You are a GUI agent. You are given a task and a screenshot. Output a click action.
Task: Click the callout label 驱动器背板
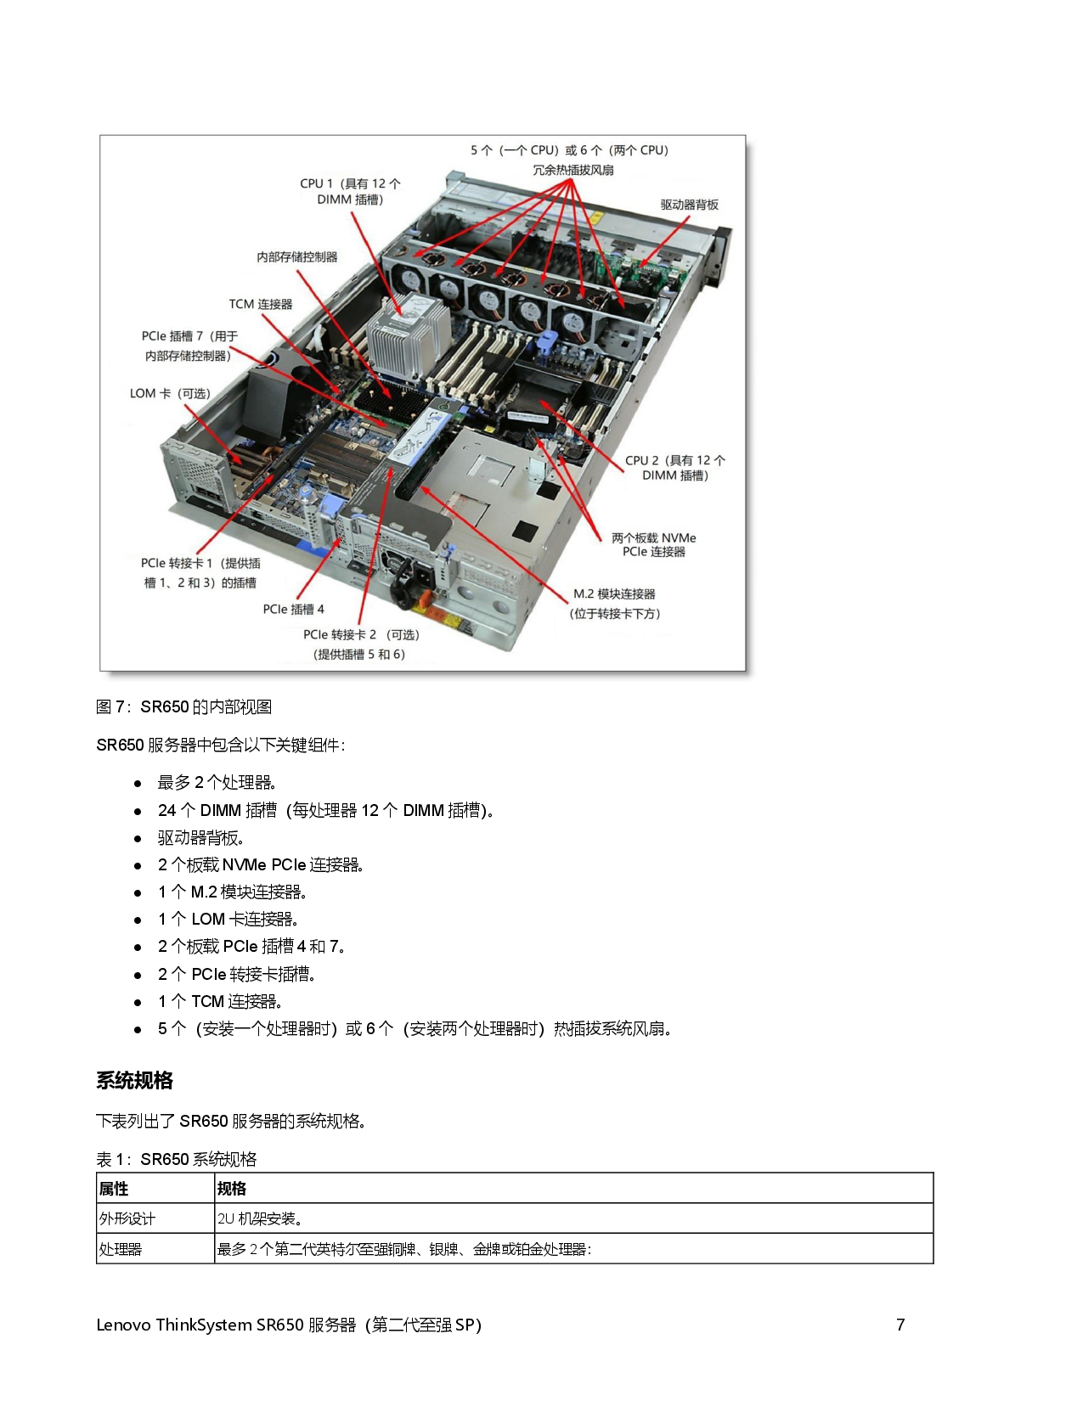[x=689, y=205]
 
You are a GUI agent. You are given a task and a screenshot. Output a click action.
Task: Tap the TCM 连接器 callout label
[x=261, y=304]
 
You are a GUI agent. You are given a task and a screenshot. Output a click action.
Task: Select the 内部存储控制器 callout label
[x=296, y=256]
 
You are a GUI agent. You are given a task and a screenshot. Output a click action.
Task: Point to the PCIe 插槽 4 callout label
[x=294, y=609]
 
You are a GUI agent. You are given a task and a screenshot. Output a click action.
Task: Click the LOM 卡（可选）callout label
[x=170, y=393]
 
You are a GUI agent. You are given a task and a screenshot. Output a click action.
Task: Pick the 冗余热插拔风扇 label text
[x=573, y=170]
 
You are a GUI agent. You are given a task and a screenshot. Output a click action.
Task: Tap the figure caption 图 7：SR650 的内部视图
[x=183, y=706]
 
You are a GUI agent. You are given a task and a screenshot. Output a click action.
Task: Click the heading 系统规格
[x=135, y=1081]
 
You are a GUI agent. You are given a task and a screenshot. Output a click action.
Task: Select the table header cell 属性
[x=114, y=1188]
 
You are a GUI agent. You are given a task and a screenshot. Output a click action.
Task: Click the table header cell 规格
[x=232, y=1188]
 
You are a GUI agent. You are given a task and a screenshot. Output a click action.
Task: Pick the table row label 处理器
[x=120, y=1249]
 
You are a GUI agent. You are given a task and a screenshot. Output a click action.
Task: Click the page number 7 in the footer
[x=900, y=1325]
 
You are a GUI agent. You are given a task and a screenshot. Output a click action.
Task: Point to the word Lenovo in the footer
[x=123, y=1325]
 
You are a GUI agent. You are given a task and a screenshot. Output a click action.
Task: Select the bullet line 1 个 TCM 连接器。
[x=221, y=1001]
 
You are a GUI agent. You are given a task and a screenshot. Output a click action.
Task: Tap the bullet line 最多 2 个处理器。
[x=217, y=782]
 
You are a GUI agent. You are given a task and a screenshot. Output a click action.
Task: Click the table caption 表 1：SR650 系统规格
[x=176, y=1159]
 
